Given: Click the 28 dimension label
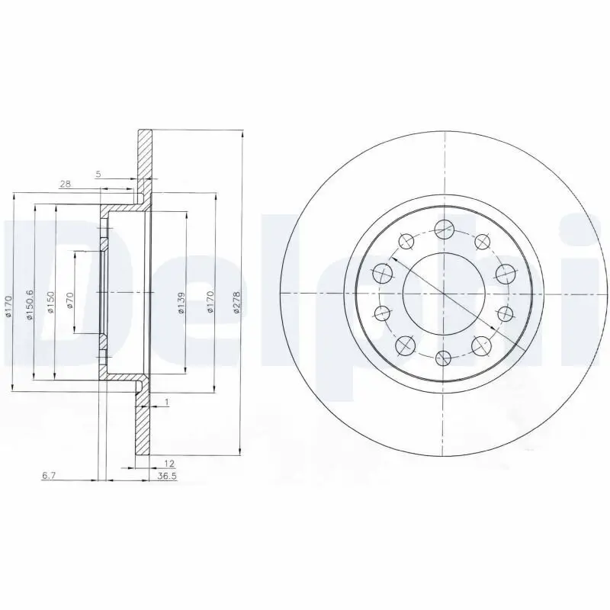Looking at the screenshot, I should coord(65,185).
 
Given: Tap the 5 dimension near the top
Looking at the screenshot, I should coord(98,175).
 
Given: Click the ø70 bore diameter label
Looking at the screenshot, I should coord(69,299).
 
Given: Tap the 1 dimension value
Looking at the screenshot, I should coord(166,402).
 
